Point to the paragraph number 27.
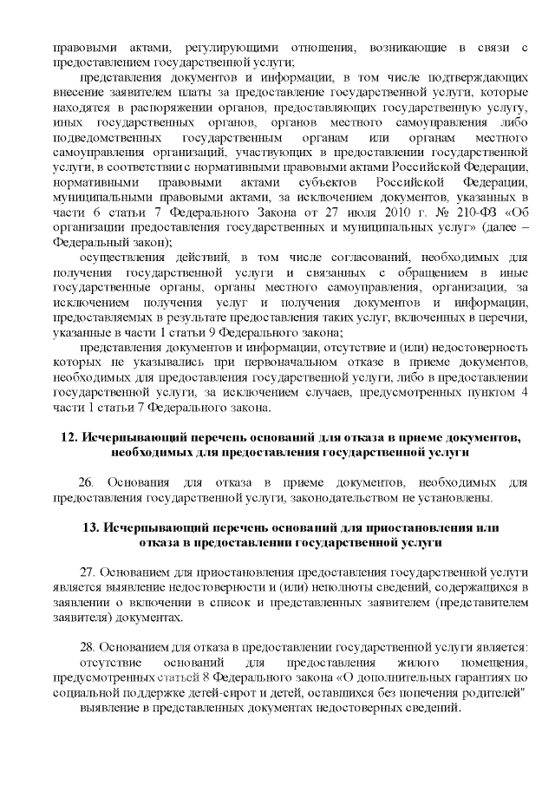(x=85, y=572)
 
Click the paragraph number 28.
(x=85, y=647)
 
